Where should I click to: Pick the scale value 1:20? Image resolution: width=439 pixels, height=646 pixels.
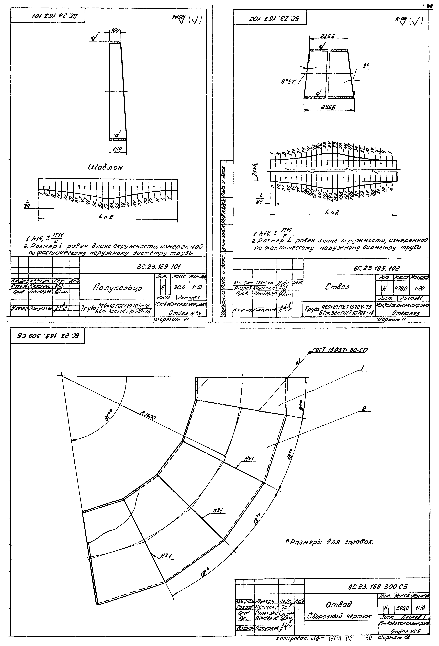(x=420, y=289)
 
